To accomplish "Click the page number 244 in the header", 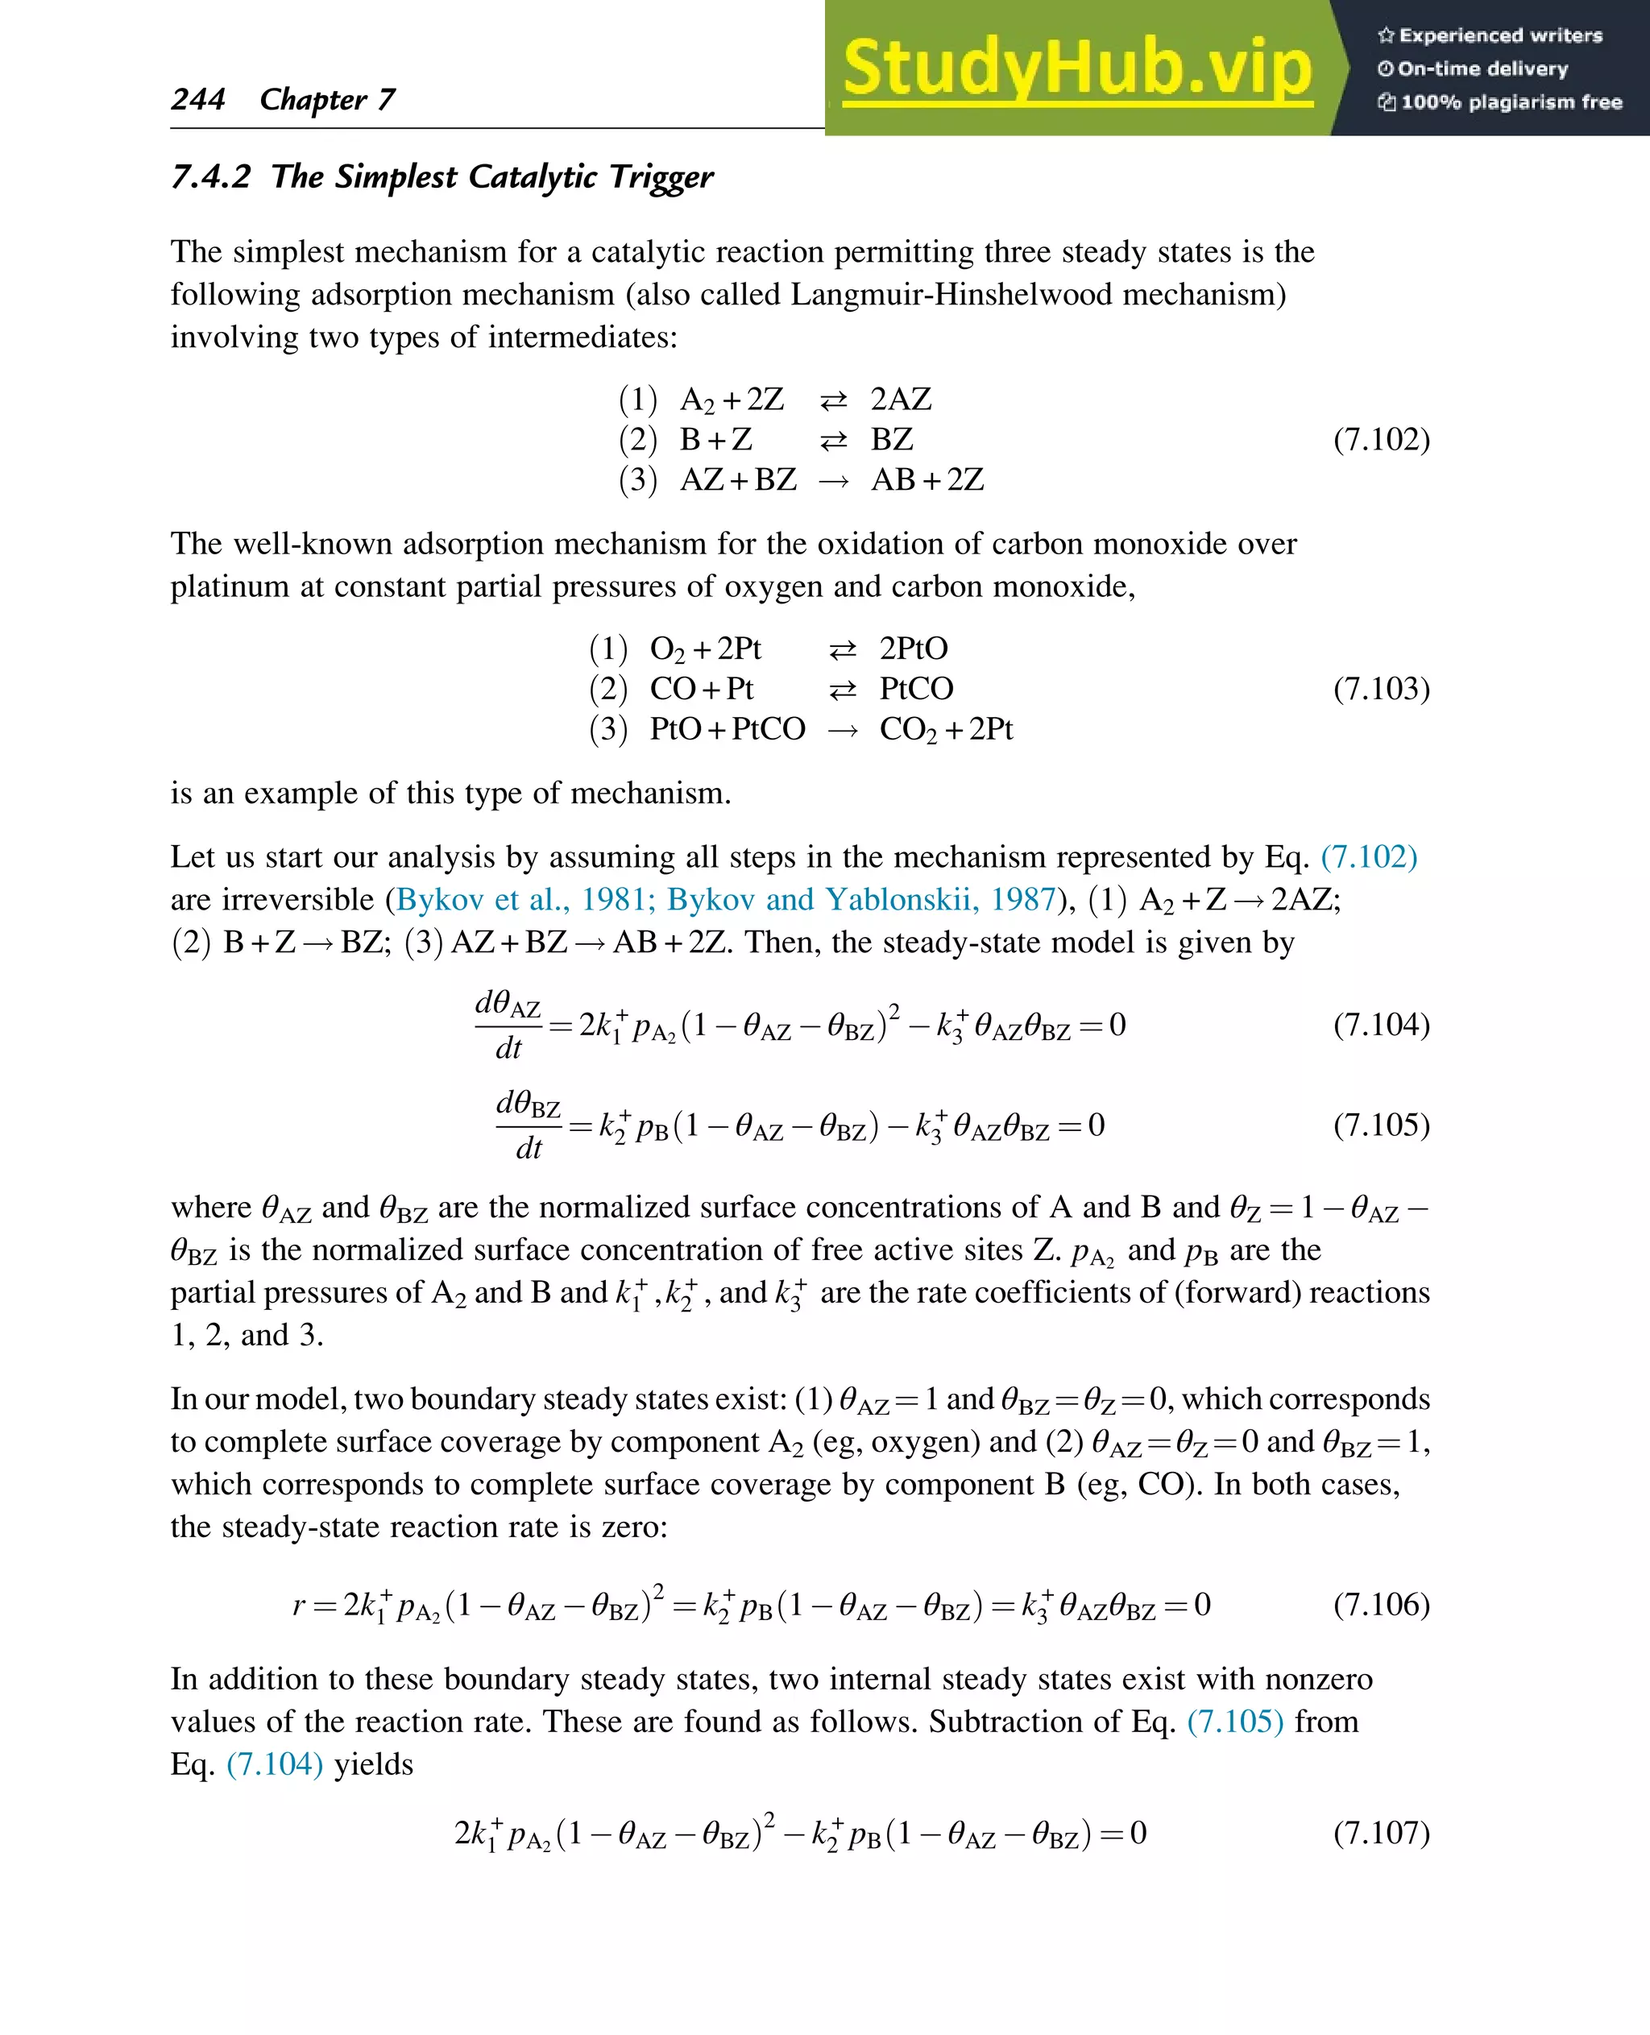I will pos(197,99).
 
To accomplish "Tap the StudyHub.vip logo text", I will pos(1077,68).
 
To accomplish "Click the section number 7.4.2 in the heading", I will pos(210,176).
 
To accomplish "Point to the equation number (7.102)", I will pos(1381,439).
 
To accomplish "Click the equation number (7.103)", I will pos(1381,688).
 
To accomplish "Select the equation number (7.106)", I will pos(1381,1605).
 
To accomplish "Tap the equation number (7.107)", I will pos(1381,1832).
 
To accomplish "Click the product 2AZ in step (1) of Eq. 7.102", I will pos(901,400).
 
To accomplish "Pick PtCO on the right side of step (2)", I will pos(916,688).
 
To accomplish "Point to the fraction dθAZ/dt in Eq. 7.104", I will pos(508,1025).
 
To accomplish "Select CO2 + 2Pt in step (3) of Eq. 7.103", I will pos(946,729).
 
